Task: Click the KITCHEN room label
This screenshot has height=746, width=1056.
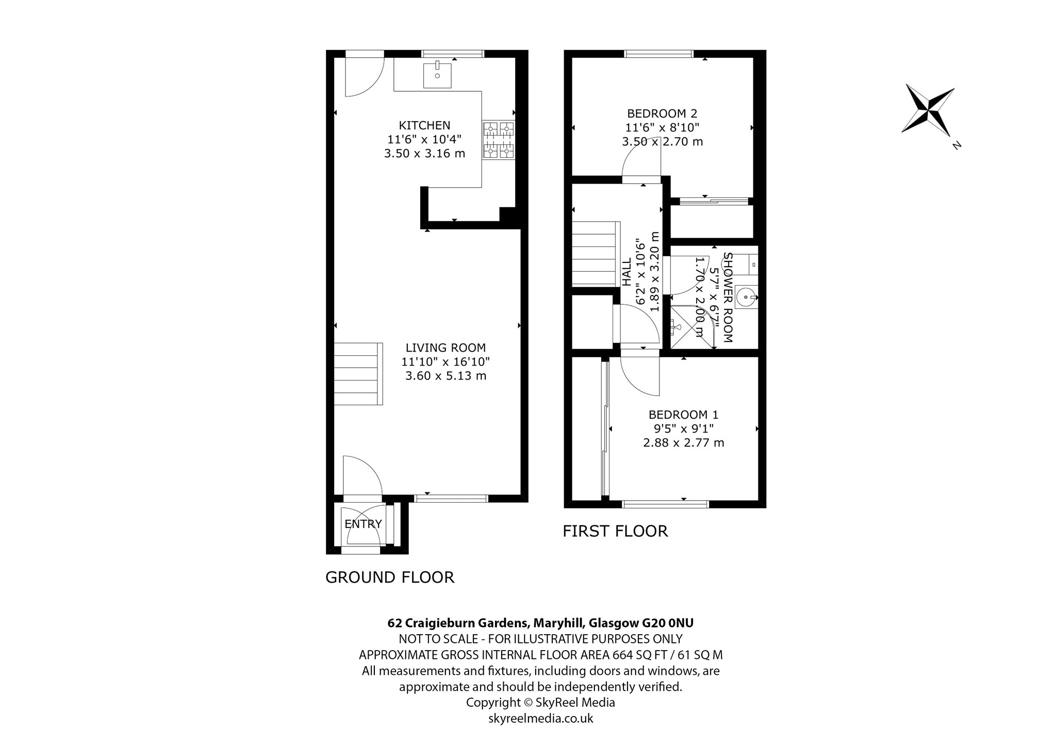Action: tap(424, 125)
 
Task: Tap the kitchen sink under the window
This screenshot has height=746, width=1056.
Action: tap(437, 76)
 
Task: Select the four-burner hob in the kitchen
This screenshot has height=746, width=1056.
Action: tap(499, 140)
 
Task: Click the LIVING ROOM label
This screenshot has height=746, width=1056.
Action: tap(445, 348)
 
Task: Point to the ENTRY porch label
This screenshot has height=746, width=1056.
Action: tap(363, 524)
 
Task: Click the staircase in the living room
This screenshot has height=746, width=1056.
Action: tap(358, 374)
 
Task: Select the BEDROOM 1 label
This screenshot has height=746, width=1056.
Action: tap(683, 415)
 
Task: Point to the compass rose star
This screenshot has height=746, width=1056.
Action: tap(928, 110)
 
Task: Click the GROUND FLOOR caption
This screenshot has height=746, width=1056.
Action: tap(390, 577)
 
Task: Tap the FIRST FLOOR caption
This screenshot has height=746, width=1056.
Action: tap(615, 531)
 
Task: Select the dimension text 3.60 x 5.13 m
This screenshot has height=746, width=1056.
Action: tap(446, 376)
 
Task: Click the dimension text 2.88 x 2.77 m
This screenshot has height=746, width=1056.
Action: tap(684, 442)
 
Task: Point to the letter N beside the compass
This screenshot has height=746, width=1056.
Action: tap(957, 145)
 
